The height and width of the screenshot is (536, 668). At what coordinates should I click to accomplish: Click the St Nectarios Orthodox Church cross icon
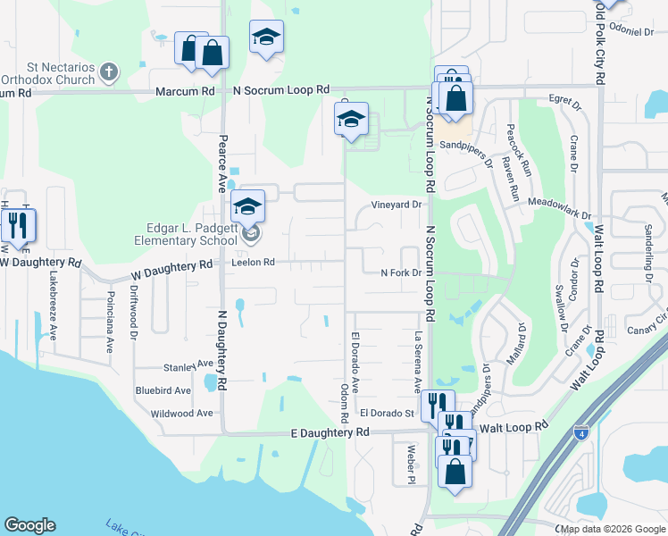(x=109, y=71)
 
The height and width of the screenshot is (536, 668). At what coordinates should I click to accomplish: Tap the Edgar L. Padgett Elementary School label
(x=188, y=234)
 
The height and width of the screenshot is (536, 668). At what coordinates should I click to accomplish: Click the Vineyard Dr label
(x=396, y=205)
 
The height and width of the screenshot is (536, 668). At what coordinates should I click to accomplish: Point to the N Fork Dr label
(x=400, y=273)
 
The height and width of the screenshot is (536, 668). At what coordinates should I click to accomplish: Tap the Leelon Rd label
(x=253, y=263)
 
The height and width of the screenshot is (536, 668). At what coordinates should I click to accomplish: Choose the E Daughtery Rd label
(x=330, y=431)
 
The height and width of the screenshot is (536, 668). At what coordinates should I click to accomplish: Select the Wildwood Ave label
(x=181, y=414)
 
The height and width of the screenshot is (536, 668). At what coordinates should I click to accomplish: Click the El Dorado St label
(x=387, y=414)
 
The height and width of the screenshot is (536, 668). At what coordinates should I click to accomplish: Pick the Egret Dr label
(x=564, y=98)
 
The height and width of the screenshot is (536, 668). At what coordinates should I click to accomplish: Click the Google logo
(x=29, y=525)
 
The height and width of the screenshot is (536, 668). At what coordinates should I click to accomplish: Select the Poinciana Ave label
(x=111, y=322)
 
